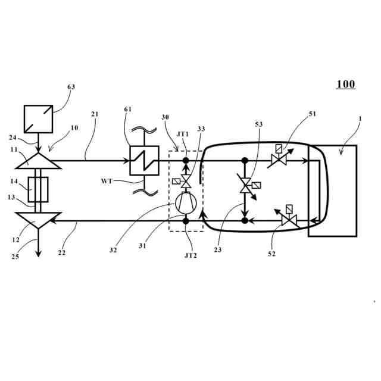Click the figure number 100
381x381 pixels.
[346, 85]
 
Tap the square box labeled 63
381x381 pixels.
[39, 119]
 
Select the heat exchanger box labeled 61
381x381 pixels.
[145, 161]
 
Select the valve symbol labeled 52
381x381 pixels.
[289, 221]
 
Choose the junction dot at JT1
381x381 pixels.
[185, 161]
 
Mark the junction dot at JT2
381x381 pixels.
[185, 221]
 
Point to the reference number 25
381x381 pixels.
[15, 257]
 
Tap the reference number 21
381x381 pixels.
[95, 114]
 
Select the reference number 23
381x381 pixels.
[218, 250]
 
